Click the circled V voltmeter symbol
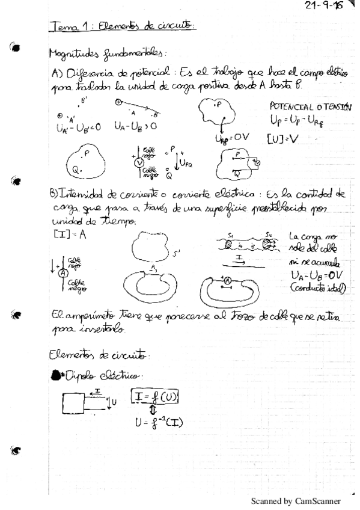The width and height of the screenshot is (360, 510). point(138,162)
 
